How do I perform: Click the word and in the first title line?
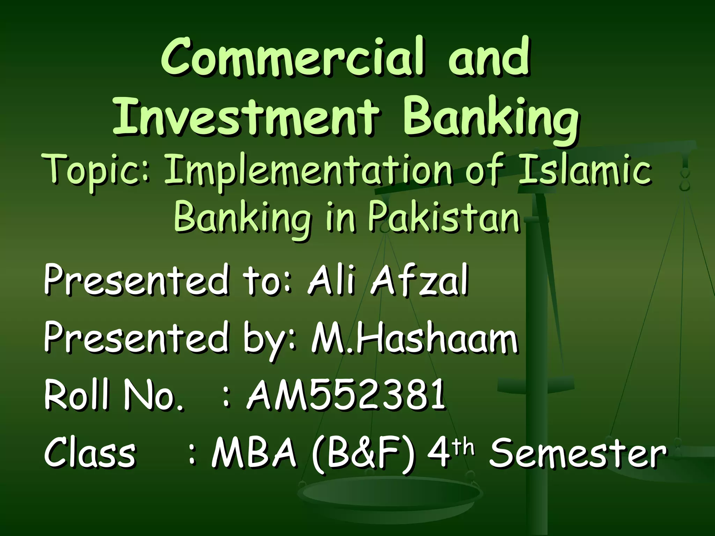489,59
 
